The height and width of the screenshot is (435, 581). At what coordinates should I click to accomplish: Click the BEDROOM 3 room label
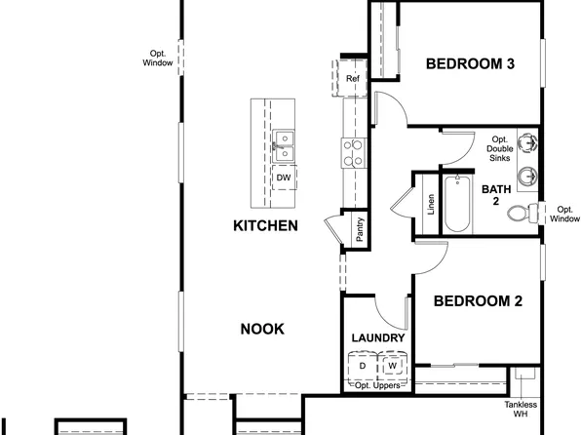(470, 64)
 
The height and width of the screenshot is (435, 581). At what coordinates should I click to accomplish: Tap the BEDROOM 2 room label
(479, 300)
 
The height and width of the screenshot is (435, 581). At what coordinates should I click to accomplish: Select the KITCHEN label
(264, 225)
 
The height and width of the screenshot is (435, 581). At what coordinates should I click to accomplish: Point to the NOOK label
(262, 329)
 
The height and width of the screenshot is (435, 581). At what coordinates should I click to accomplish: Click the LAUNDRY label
(377, 337)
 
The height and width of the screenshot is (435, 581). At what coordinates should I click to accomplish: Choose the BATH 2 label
(495, 194)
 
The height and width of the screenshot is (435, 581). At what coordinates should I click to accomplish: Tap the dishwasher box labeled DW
(283, 178)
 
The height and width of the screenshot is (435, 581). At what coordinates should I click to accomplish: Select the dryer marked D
(362, 366)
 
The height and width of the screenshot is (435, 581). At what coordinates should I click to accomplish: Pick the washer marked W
(392, 366)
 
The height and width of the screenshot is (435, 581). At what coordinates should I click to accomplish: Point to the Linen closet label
(430, 205)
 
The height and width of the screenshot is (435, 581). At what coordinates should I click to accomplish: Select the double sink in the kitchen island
(283, 145)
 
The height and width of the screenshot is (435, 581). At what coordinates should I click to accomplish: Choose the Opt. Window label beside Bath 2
(564, 214)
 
